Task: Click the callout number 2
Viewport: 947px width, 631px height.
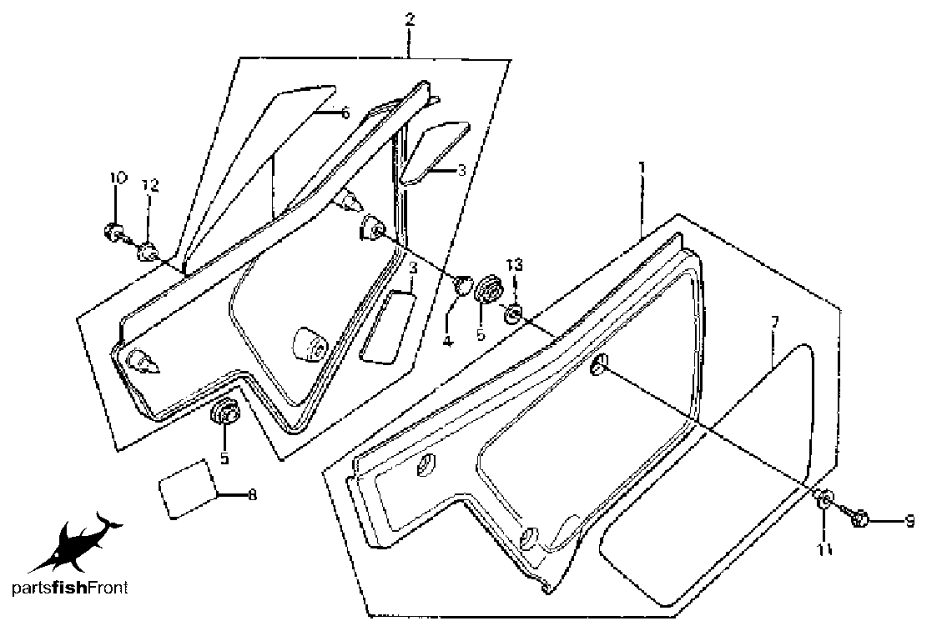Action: [x=410, y=19]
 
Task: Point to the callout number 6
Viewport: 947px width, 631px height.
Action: [x=345, y=113]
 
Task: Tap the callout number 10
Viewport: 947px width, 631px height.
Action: [x=118, y=178]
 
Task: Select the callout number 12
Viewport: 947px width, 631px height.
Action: [x=150, y=186]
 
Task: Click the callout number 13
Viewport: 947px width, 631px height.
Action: [x=515, y=265]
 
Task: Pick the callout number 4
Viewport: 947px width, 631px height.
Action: [x=447, y=342]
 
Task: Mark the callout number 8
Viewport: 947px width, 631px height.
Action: [x=253, y=495]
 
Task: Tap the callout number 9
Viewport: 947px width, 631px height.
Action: [x=909, y=521]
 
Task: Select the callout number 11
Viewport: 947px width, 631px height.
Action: [x=825, y=549]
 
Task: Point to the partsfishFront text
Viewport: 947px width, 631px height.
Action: [x=70, y=588]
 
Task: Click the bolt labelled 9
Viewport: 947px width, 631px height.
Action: [x=859, y=517]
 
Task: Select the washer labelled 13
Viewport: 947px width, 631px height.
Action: [x=513, y=313]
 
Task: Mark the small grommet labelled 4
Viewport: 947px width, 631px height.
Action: [x=462, y=286]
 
